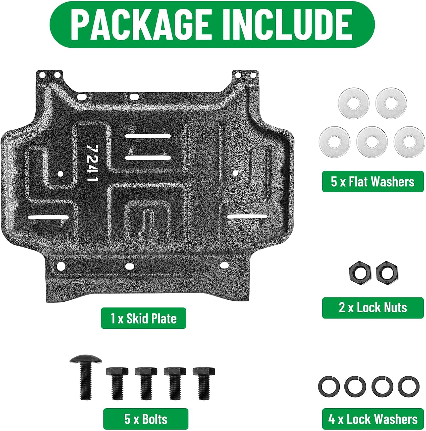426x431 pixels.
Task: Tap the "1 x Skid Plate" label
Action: coord(143,318)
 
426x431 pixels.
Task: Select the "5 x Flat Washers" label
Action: coord(373,182)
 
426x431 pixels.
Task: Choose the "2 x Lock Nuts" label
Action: coord(373,308)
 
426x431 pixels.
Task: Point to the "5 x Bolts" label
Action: coord(146,419)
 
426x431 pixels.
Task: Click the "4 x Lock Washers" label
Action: coord(373,419)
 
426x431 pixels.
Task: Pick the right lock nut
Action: coord(387,272)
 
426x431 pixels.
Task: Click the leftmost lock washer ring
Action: coord(329,386)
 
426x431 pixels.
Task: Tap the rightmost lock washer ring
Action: coord(408,386)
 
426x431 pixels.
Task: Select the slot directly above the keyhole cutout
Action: coord(148,157)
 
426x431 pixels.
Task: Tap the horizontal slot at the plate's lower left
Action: coord(48,218)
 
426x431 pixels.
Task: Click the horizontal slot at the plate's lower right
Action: coord(248,216)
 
